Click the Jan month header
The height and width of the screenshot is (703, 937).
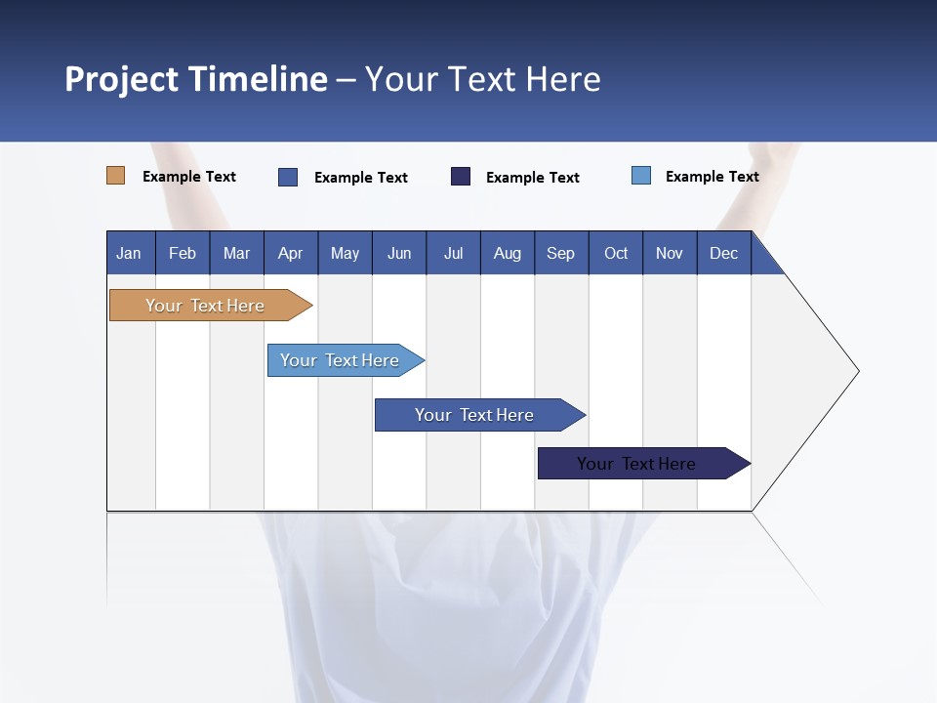pyautogui.click(x=129, y=253)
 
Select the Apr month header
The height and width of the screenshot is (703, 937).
pyautogui.click(x=291, y=253)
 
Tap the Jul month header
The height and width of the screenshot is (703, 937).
pyautogui.click(x=453, y=253)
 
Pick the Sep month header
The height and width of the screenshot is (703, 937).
pyautogui.click(x=560, y=253)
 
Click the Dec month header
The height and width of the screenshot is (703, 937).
pyautogui.click(x=723, y=253)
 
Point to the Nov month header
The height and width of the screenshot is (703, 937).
pyautogui.click(x=669, y=253)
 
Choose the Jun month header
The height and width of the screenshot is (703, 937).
pyautogui.click(x=399, y=253)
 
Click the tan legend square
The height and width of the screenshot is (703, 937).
pyautogui.click(x=115, y=176)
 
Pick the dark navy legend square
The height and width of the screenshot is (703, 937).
pyautogui.click(x=461, y=177)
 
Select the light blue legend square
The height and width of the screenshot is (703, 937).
pyautogui.click(x=641, y=176)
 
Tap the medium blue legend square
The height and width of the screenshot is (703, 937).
pyautogui.click(x=288, y=177)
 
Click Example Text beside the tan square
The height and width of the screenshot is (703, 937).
pyautogui.click(x=189, y=177)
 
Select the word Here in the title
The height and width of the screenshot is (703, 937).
pyautogui.click(x=563, y=79)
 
